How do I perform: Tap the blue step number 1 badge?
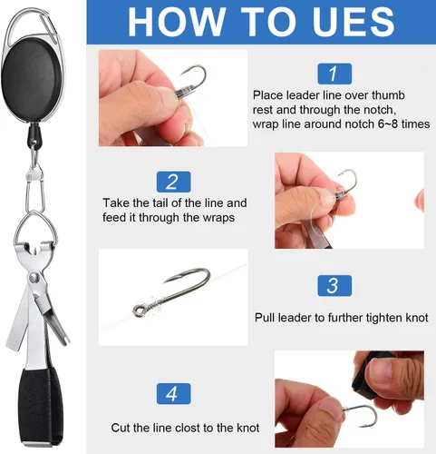(x=333, y=73)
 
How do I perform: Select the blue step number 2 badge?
(x=172, y=182)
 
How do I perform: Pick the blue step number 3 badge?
(x=333, y=285)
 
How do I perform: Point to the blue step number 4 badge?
(x=172, y=394)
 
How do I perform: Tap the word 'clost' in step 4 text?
(x=196, y=428)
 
